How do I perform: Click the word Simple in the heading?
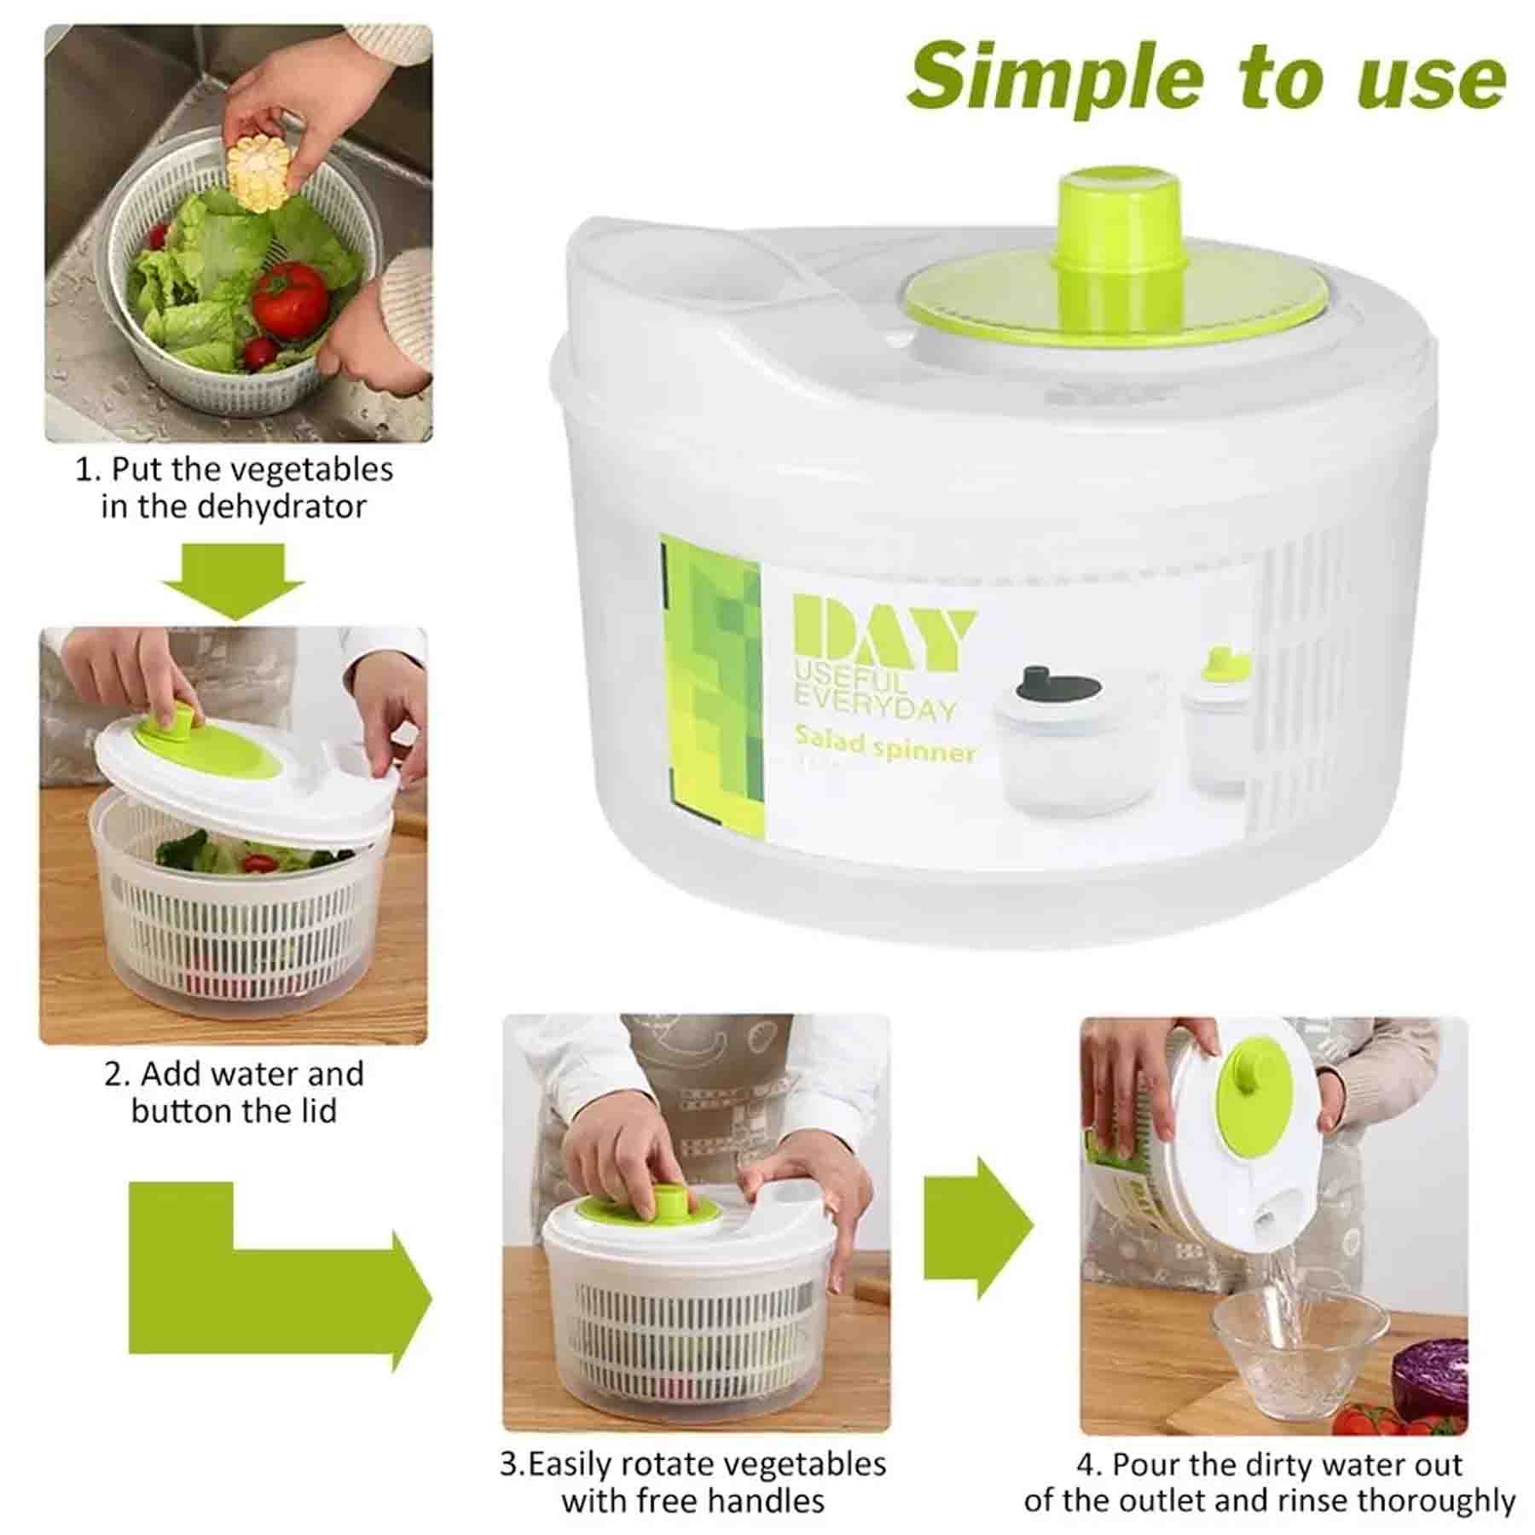click(x=1056, y=78)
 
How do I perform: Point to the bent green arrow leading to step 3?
click(x=281, y=1301)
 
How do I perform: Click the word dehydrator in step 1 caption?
click(x=281, y=507)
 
